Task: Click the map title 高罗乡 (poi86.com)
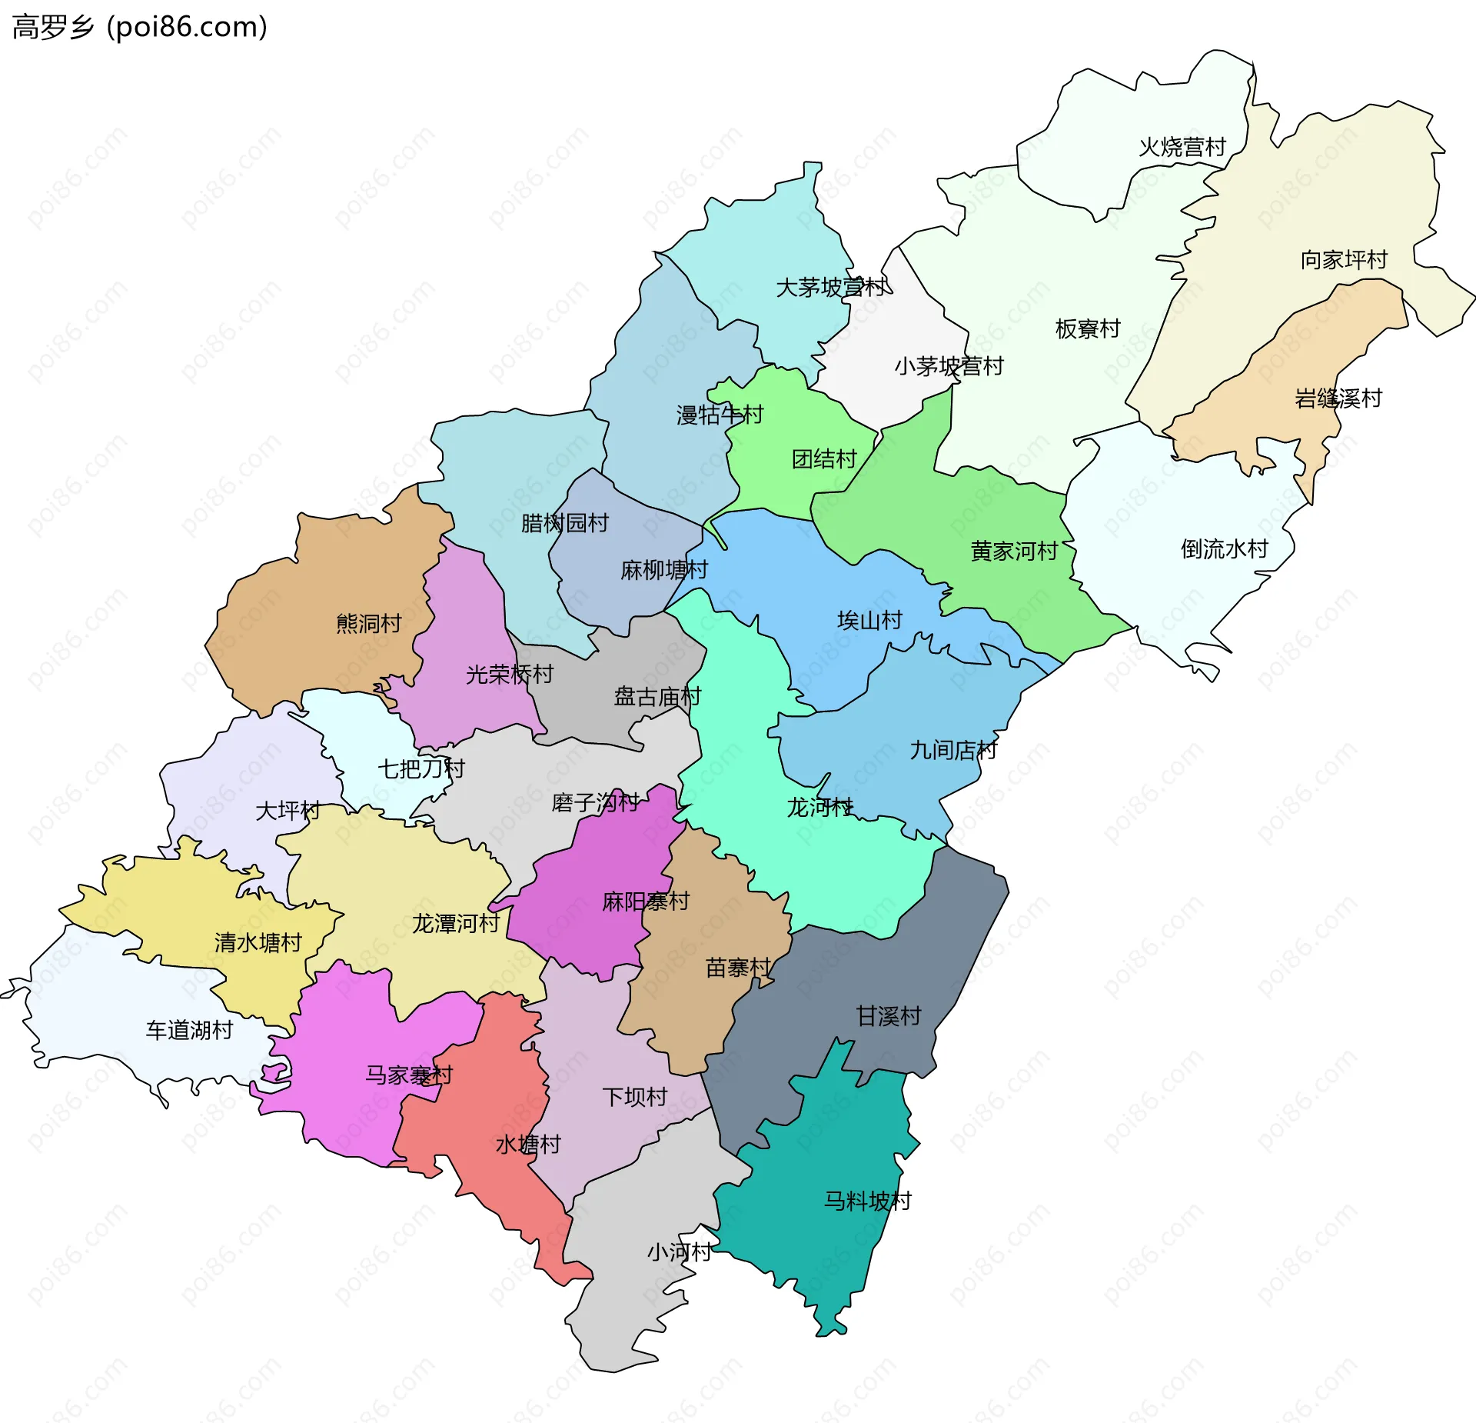click(x=139, y=27)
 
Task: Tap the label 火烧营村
click(x=1182, y=147)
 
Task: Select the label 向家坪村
click(x=1344, y=260)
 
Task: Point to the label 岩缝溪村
click(x=1338, y=398)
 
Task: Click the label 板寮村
click(x=1088, y=329)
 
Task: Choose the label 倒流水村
click(x=1224, y=549)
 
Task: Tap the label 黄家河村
click(x=1014, y=552)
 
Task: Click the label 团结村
click(x=824, y=459)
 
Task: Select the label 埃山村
click(x=869, y=620)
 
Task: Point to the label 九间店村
click(x=953, y=750)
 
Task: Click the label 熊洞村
click(x=369, y=623)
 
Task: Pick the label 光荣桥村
click(x=510, y=675)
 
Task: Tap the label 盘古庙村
click(x=657, y=697)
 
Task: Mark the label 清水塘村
click(x=258, y=943)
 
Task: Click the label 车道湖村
click(x=189, y=1031)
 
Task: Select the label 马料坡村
click(x=868, y=1201)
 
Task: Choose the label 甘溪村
click(x=889, y=1016)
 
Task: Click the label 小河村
click(x=679, y=1252)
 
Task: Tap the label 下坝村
click(x=634, y=1097)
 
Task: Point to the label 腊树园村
click(x=564, y=523)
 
